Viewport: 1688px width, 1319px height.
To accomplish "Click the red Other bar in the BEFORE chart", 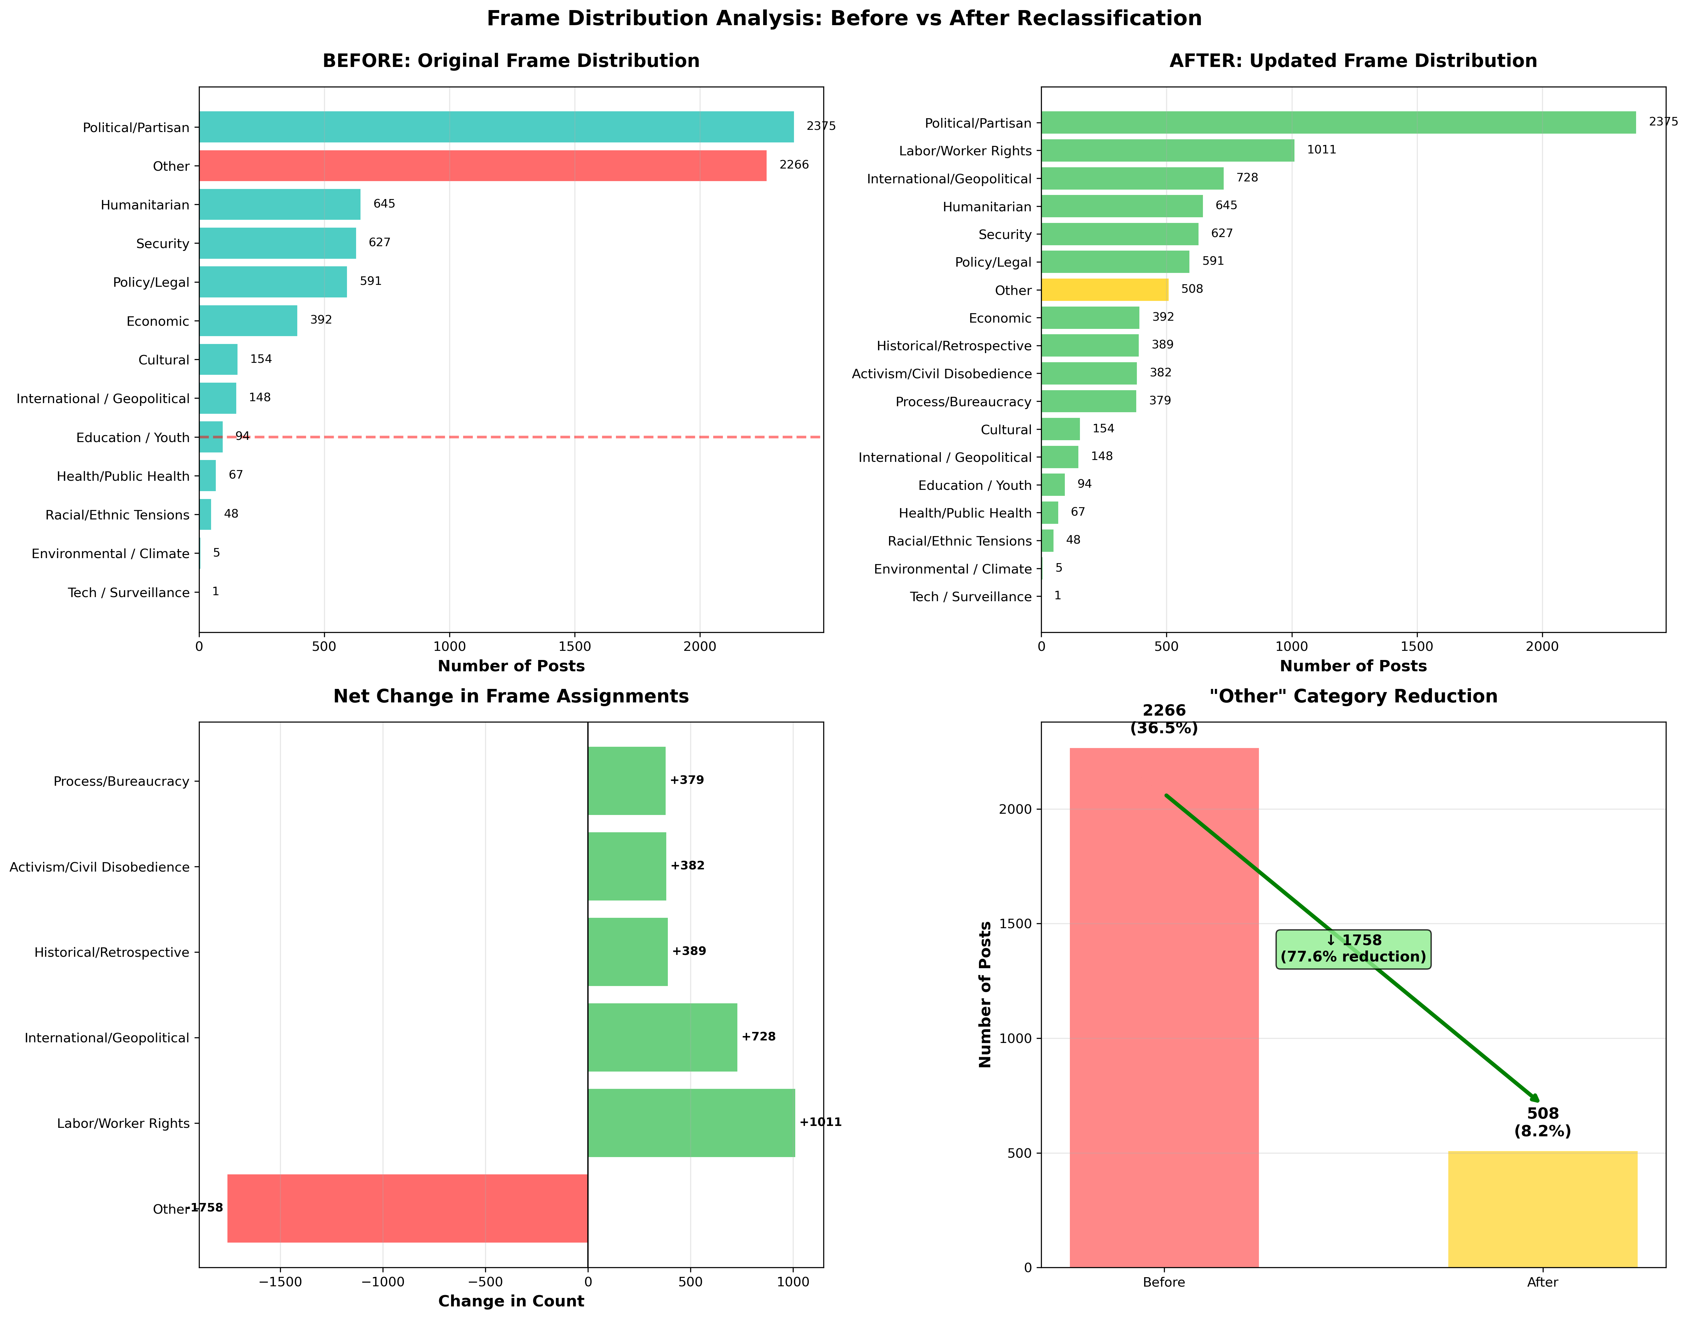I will point(482,165).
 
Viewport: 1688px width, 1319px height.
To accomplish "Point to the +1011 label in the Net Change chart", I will point(820,1122).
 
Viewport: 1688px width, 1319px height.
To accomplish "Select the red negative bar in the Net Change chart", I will point(407,1209).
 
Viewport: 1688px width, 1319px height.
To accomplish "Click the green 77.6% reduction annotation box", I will point(1353,948).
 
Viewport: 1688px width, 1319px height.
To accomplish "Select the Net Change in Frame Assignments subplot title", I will point(511,696).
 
